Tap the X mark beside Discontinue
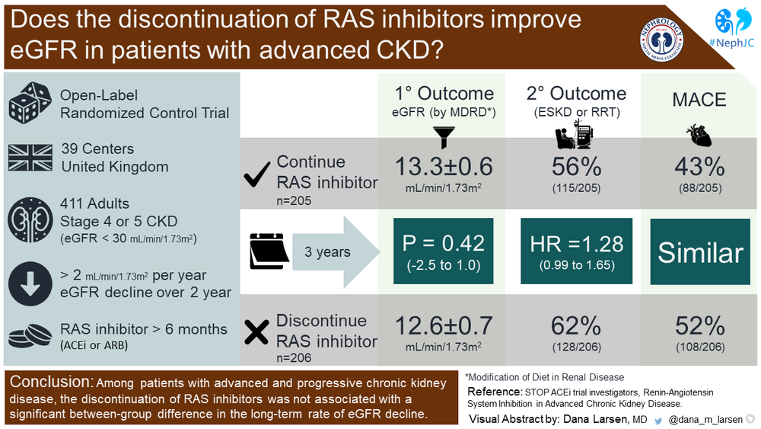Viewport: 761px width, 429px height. pos(257,331)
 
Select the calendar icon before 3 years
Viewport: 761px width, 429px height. pos(267,251)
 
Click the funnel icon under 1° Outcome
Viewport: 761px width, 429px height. pos(444,135)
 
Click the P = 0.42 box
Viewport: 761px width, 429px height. pos(444,251)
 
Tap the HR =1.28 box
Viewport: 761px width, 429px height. pos(576,251)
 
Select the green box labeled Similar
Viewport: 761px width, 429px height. pos(700,252)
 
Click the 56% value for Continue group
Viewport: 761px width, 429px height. pos(576,167)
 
